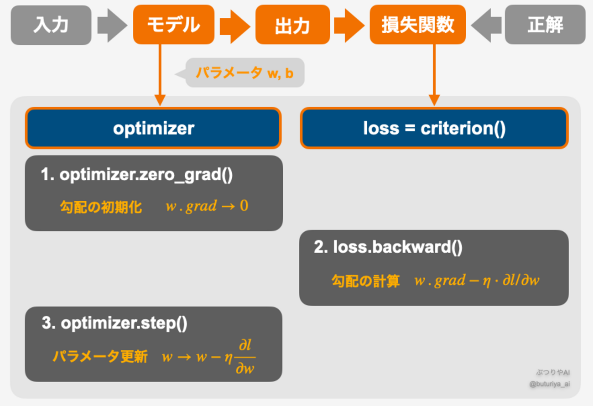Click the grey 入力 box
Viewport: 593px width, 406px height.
(51, 25)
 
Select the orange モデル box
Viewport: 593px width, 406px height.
(173, 25)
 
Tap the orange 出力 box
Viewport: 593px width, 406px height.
(292, 25)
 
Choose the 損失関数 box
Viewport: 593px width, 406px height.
(417, 25)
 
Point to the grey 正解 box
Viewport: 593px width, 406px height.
(545, 25)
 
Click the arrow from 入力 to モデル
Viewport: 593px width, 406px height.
(112, 25)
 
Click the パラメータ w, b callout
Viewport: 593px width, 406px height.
(245, 73)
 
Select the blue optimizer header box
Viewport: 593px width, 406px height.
(153, 128)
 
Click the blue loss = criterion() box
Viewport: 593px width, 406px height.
(434, 128)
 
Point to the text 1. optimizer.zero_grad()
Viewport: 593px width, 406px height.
(137, 175)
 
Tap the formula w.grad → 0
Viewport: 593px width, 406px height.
(207, 206)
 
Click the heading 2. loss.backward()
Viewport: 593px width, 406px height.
(388, 247)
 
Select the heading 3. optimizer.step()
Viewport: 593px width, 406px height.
(114, 323)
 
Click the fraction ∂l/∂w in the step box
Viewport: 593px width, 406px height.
(245, 357)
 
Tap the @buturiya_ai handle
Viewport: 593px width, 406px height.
(549, 384)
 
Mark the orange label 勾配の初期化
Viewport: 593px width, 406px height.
(101, 207)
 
